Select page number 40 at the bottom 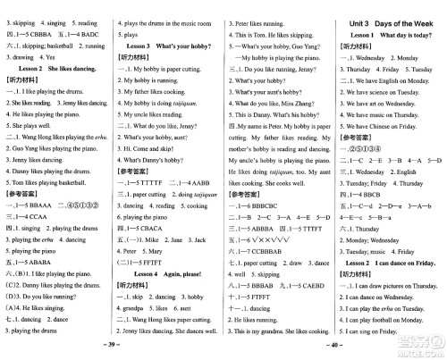click(333, 346)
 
